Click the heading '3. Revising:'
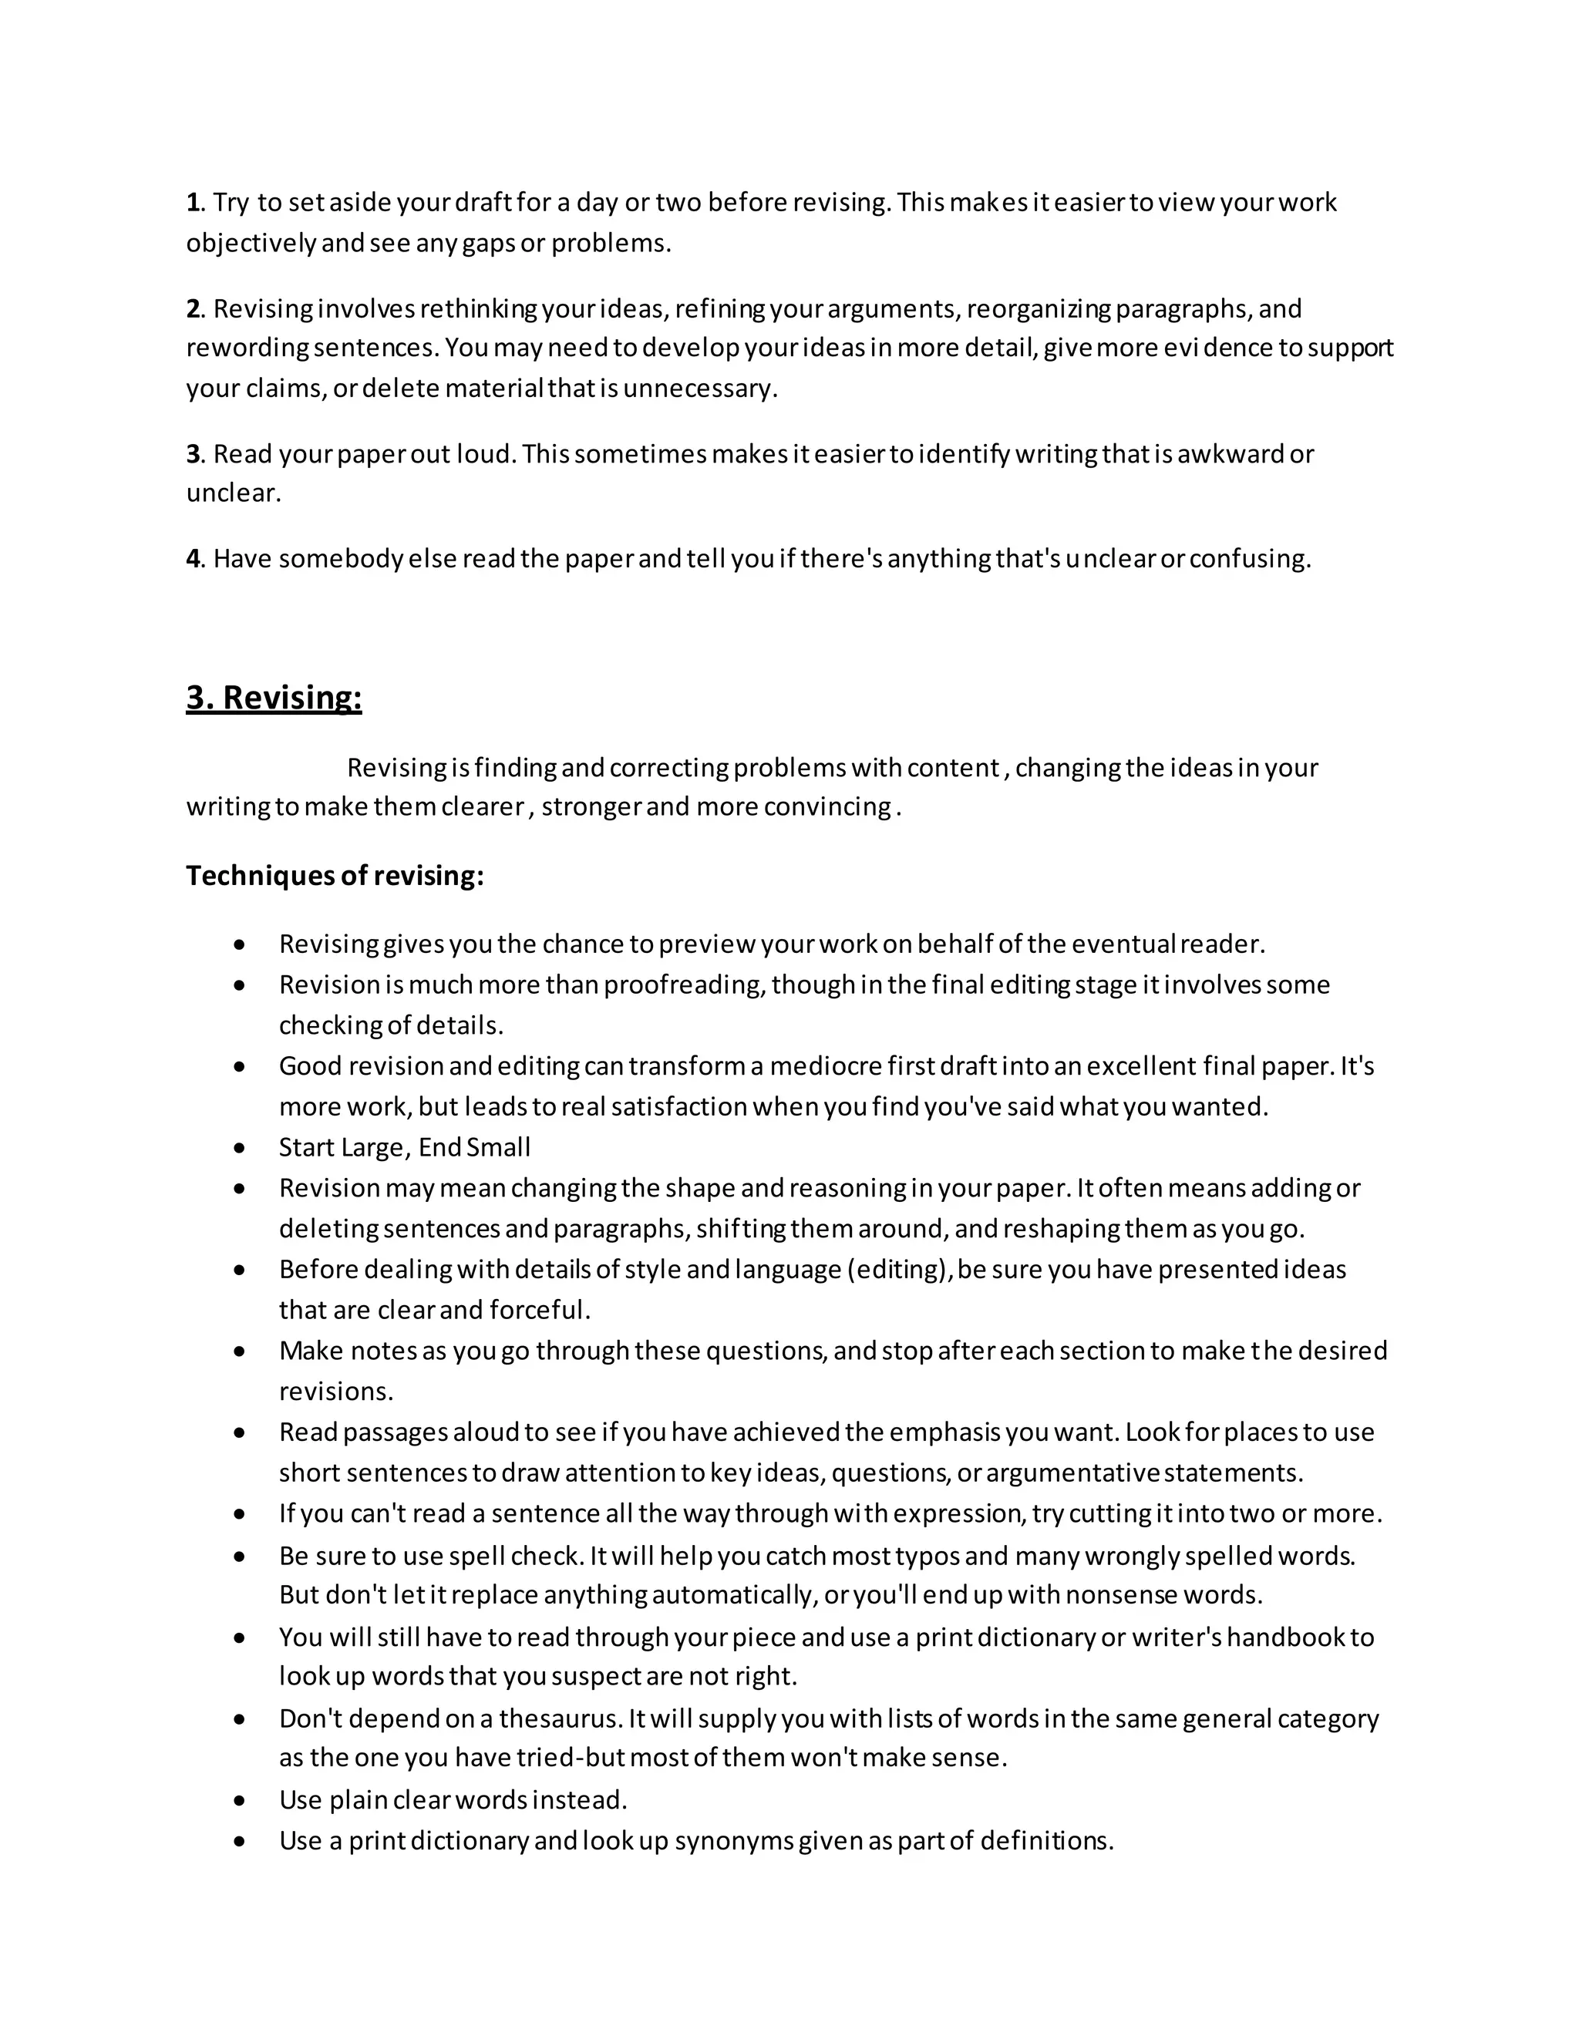coord(273,698)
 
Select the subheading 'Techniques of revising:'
coord(335,876)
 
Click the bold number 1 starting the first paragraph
coord(193,202)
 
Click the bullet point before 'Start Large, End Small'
coord(241,1148)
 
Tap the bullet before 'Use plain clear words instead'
coord(241,1801)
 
